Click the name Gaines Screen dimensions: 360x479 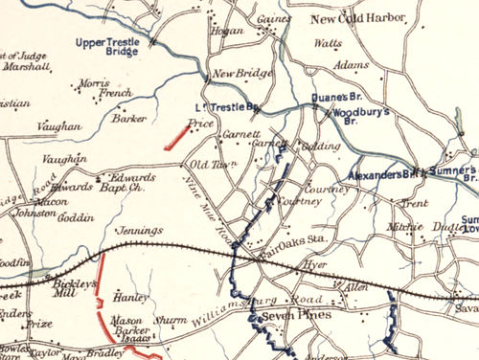point(273,19)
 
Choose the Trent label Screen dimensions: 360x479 point(415,204)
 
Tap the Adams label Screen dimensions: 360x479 point(352,65)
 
